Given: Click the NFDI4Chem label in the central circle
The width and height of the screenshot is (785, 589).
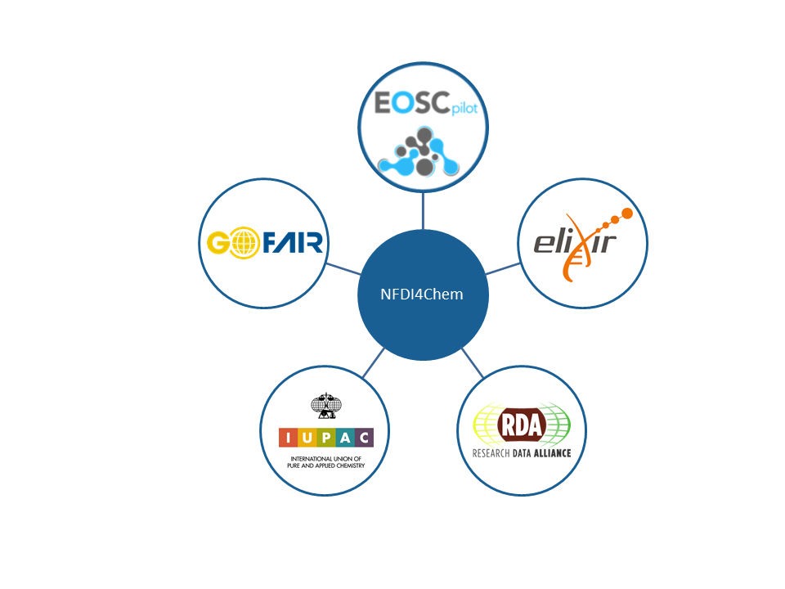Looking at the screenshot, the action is point(422,294).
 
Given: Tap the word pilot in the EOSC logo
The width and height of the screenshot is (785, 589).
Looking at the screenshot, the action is point(464,108).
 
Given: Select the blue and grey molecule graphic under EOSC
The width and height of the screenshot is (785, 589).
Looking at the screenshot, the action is point(419,152).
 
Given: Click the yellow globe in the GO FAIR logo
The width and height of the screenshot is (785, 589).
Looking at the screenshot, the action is point(244,243).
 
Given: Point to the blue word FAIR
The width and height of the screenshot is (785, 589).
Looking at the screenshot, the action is point(293,243).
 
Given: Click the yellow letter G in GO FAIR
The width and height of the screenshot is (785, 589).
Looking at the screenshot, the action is point(218,243).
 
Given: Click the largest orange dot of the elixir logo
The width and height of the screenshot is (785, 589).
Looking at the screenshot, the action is point(626,214).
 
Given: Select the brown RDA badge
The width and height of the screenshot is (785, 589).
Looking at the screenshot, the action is point(522,425).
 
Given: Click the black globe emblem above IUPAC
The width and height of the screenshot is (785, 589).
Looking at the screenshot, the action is point(326,406).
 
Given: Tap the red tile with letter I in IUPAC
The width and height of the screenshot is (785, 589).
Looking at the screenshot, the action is point(289,438).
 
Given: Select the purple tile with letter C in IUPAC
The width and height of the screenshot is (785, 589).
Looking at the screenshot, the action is point(365,438).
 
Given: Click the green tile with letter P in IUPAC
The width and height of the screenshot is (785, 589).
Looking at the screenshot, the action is point(326,438).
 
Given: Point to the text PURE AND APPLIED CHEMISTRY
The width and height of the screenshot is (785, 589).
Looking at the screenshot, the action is point(326,465).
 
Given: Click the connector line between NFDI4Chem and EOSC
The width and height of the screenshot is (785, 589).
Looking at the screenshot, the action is point(423,211).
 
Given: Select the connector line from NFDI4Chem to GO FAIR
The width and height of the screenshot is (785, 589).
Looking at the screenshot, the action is point(343,269).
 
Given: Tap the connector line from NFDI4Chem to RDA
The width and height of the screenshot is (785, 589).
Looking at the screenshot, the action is point(472,363).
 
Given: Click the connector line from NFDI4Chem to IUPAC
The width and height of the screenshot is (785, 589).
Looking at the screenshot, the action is point(374,362).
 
